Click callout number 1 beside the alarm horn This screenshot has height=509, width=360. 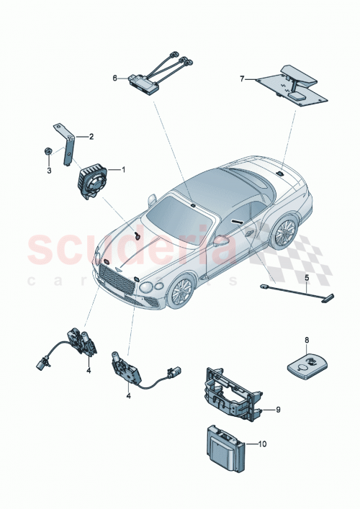[x=124, y=170]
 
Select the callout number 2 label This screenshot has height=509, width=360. [x=91, y=135]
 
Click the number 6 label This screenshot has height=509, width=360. [x=114, y=77]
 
